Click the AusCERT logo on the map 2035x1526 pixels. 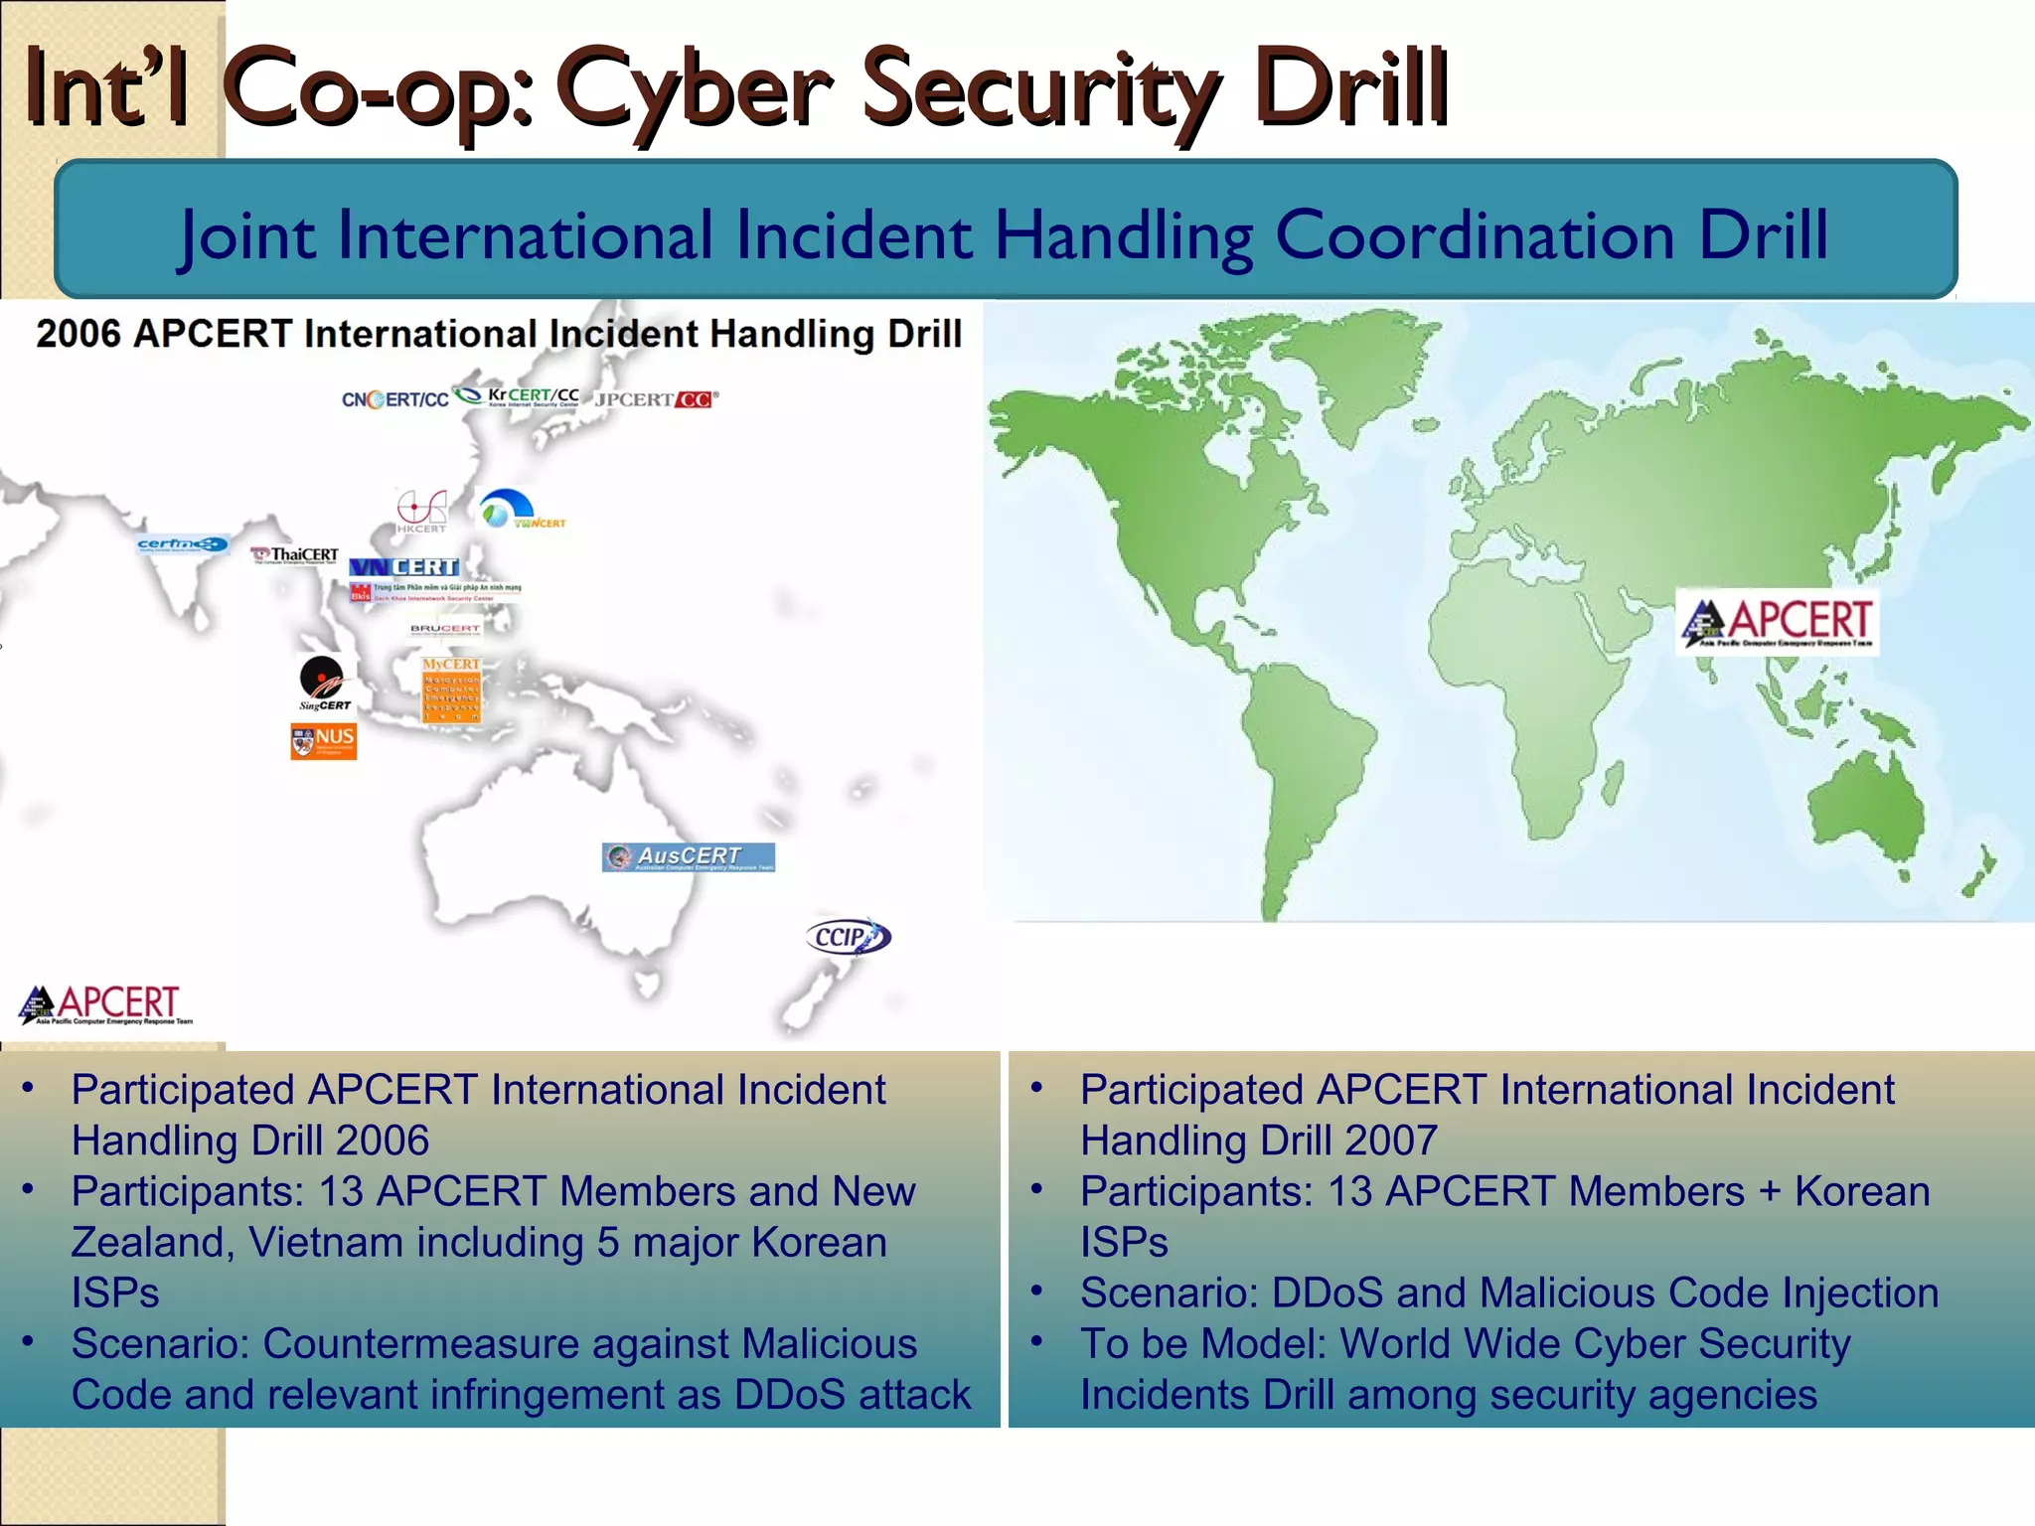click(688, 856)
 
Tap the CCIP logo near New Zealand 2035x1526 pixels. click(847, 937)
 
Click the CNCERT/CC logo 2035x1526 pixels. click(394, 399)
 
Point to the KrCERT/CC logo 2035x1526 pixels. click(519, 396)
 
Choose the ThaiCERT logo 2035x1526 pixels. click(295, 554)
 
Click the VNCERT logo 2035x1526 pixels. click(404, 567)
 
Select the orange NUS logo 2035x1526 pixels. click(323, 740)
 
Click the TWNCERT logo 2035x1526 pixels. click(520, 510)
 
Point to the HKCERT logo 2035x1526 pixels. click(421, 512)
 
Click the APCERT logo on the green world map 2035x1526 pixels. click(1777, 621)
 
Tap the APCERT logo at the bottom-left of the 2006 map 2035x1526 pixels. click(105, 1003)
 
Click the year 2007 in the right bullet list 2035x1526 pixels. click(1390, 1141)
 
